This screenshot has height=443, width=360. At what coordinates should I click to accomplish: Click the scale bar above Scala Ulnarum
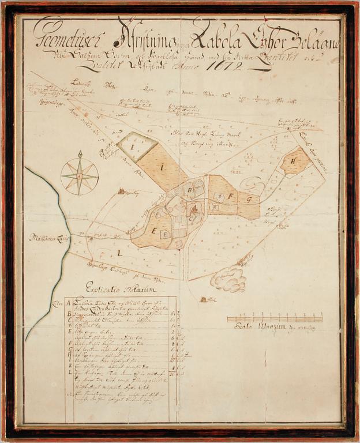pyautogui.click(x=275, y=318)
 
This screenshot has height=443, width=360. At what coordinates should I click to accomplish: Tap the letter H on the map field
pyautogui.click(x=293, y=162)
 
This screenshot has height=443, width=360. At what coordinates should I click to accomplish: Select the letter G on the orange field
pyautogui.click(x=249, y=200)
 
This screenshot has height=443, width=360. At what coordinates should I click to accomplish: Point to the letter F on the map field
pyautogui.click(x=230, y=196)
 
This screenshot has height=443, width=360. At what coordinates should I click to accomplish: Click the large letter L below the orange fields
pyautogui.click(x=119, y=253)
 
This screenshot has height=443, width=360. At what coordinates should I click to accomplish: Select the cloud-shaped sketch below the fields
pyautogui.click(x=228, y=280)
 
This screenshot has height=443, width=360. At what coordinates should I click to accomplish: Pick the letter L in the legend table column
pyautogui.click(x=69, y=372)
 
